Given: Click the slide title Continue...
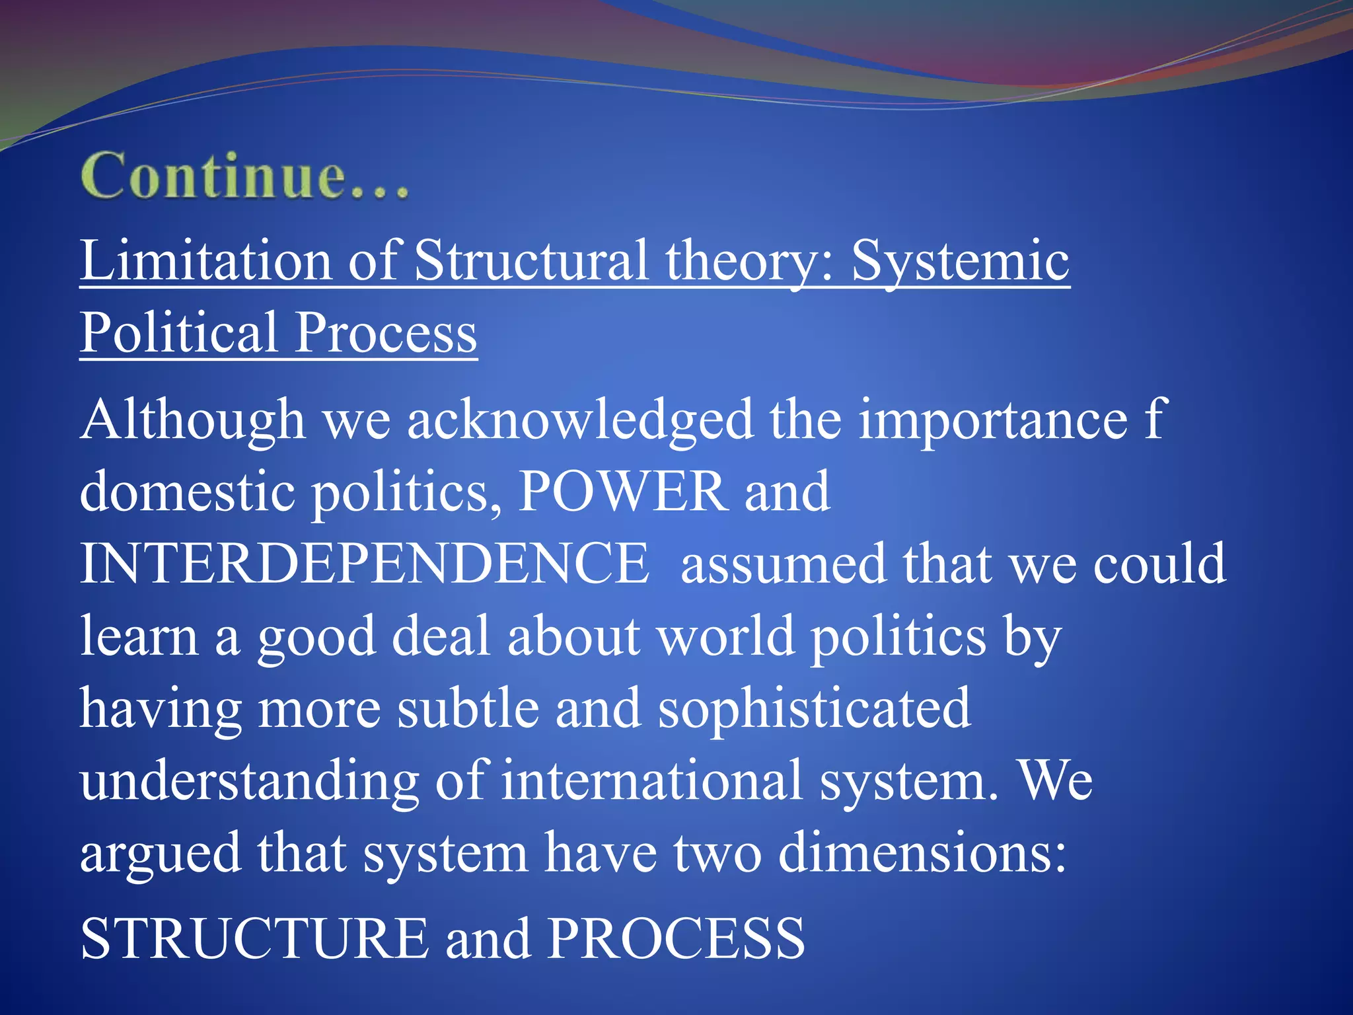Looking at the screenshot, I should pyautogui.click(x=244, y=176).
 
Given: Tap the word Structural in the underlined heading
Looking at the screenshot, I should pyautogui.click(x=531, y=261).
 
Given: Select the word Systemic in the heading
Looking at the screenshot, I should pyautogui.click(x=960, y=261).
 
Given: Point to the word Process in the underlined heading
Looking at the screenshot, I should pyautogui.click(x=386, y=332).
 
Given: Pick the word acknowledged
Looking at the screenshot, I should pyautogui.click(x=580, y=420).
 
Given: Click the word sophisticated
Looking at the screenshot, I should pyautogui.click(x=815, y=708).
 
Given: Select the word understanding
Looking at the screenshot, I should pyautogui.click(x=250, y=781).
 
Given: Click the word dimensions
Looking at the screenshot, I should pyautogui.click(x=922, y=852).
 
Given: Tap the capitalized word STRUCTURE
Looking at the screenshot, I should pyautogui.click(x=254, y=938).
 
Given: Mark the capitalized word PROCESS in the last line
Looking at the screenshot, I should pyautogui.click(x=676, y=938).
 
